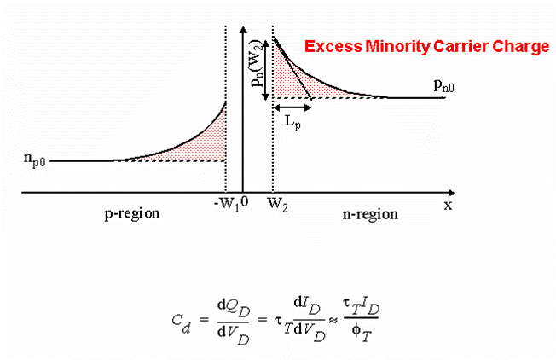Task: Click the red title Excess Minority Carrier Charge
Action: (427, 48)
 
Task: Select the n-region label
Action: (371, 214)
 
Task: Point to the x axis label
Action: (447, 205)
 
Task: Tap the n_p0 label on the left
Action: (38, 159)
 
